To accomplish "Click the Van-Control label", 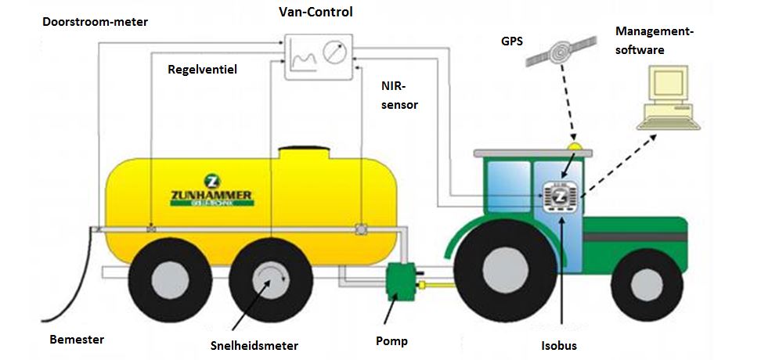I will click(316, 13).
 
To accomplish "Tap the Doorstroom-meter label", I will click(95, 22).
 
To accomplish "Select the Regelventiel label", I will click(202, 69).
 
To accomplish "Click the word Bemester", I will click(77, 340).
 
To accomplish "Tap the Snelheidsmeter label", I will click(254, 345).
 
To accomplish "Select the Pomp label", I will click(392, 341).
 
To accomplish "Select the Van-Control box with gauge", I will click(318, 56).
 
